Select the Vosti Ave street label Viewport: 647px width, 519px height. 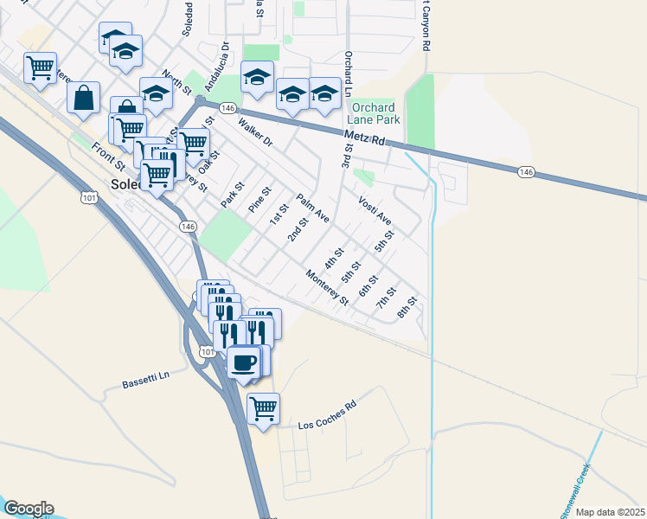[x=375, y=209]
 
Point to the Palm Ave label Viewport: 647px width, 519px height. [x=313, y=208]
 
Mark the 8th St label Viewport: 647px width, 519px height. [x=407, y=308]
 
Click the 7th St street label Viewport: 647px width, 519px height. [x=385, y=300]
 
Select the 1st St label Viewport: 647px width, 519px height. [x=279, y=213]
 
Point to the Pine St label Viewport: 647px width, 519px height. [x=259, y=201]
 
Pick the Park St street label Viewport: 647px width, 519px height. [x=233, y=195]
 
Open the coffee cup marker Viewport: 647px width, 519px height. [x=245, y=361]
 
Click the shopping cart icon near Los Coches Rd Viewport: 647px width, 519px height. [x=263, y=407]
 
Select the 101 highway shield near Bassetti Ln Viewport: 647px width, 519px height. [x=206, y=351]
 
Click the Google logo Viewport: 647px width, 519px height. [x=28, y=509]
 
